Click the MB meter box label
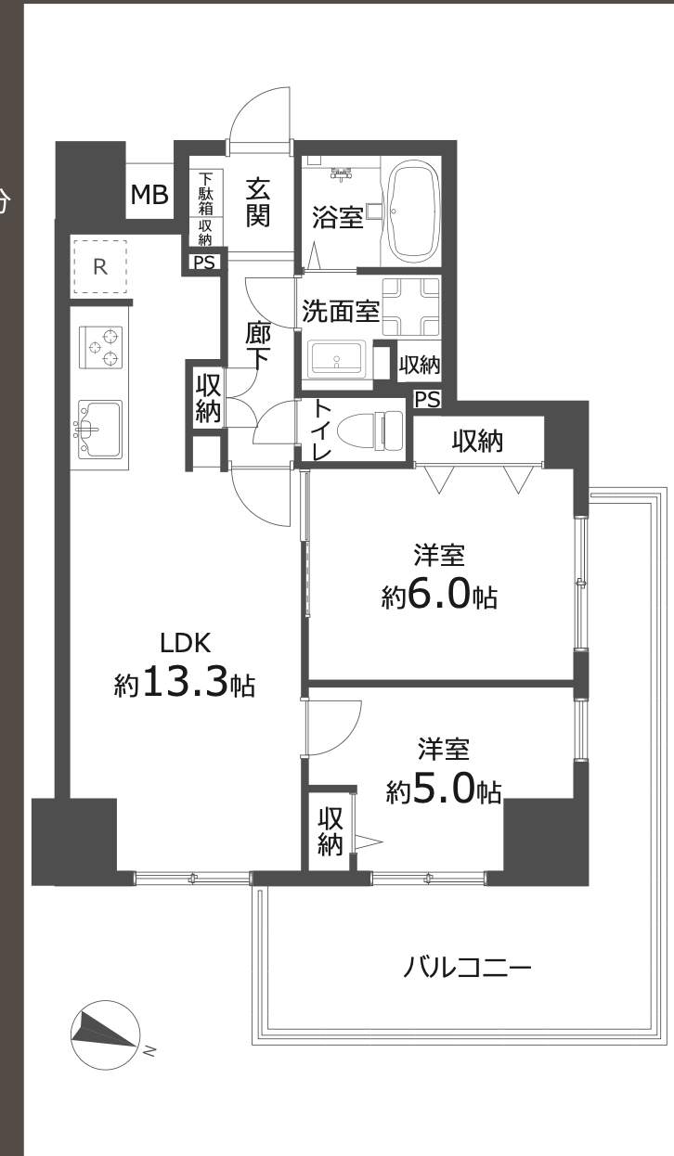click(149, 195)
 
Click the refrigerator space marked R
click(100, 267)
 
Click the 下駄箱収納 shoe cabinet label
click(205, 207)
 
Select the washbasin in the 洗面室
click(336, 358)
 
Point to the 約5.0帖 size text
click(444, 790)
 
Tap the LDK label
click(187, 642)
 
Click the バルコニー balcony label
click(467, 969)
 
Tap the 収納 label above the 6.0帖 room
click(477, 442)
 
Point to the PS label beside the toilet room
click(427, 400)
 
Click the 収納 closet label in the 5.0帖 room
click(331, 830)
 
